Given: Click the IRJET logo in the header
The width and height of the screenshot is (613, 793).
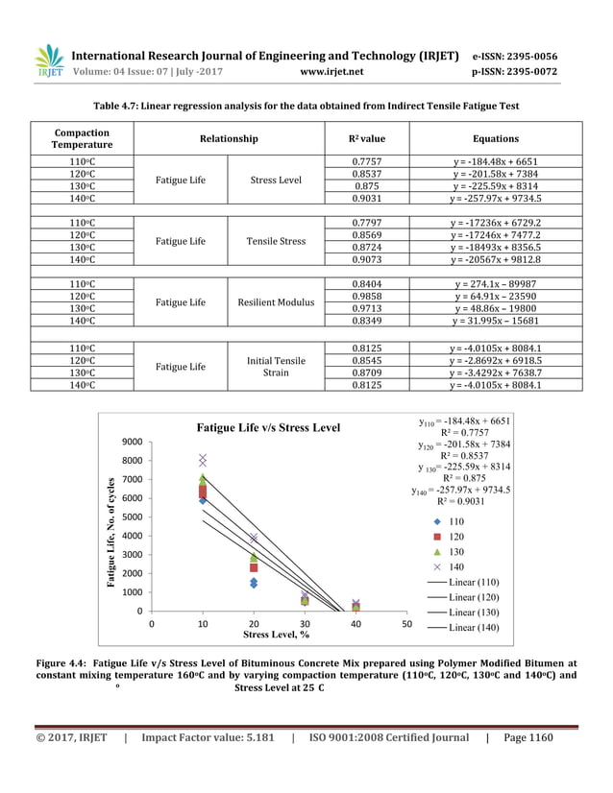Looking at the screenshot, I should (47, 60).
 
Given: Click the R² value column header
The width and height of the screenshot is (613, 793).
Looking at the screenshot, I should (366, 138).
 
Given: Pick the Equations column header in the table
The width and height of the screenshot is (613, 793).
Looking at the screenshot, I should (496, 138).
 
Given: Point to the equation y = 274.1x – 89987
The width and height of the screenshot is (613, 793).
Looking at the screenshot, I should (496, 284).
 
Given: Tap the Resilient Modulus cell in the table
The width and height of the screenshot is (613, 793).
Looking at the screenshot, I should (276, 302).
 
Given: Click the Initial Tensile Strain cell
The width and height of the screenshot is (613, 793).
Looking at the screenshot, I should (276, 366).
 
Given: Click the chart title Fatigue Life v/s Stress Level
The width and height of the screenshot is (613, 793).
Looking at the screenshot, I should (268, 427).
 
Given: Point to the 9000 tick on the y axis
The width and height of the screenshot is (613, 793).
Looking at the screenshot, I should (131, 442).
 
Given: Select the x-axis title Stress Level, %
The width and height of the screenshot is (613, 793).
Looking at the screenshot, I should (276, 635).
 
